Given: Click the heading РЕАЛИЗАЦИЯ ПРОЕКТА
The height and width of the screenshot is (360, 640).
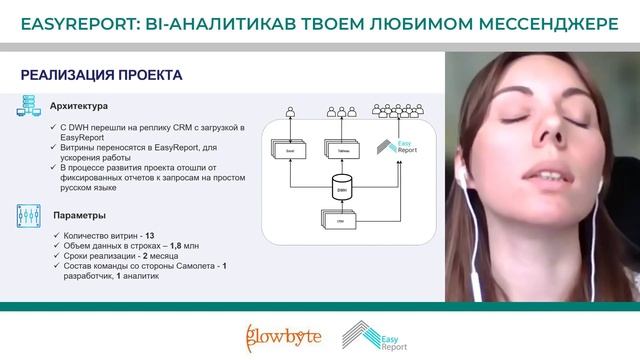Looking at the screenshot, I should point(101,75).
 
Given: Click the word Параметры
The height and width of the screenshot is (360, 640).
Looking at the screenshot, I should point(74,212).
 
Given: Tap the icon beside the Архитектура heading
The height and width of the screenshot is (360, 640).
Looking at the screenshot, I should point(27,107).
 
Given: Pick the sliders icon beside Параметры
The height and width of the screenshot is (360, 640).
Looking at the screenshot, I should point(27,214).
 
